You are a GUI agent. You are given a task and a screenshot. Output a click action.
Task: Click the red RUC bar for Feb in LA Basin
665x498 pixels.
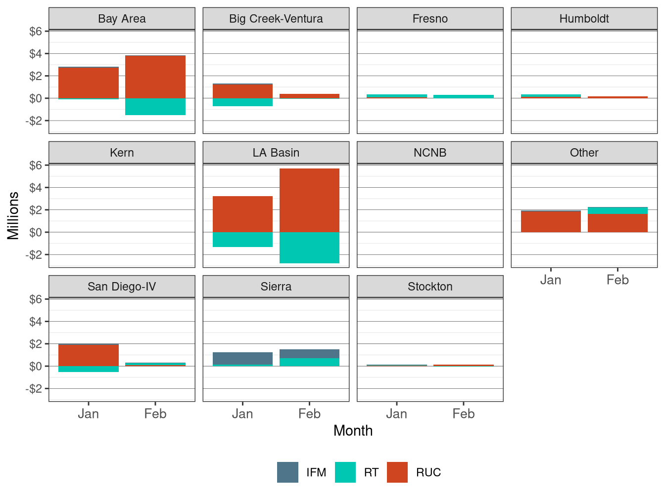pos(309,200)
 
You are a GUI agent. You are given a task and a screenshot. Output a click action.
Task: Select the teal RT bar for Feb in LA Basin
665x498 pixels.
pos(309,248)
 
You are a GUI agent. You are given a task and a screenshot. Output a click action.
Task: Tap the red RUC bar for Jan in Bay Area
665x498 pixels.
pos(89,83)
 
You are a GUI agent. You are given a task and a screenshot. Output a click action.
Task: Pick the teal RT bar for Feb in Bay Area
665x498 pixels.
pos(155,107)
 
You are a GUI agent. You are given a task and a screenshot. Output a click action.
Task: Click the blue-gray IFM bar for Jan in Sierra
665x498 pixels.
pos(242,358)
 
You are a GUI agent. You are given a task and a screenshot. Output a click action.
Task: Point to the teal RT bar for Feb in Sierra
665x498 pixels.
pos(309,362)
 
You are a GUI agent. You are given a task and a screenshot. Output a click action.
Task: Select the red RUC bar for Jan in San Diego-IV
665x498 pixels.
pos(89,355)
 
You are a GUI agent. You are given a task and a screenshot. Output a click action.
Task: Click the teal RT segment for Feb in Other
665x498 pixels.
pos(617,210)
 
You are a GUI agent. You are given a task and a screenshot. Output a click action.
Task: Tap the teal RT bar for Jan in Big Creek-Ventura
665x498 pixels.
pos(242,102)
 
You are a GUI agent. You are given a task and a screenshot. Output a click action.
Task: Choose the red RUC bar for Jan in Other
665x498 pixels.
pos(551,221)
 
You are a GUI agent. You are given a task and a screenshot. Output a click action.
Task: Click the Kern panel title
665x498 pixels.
pos(122,153)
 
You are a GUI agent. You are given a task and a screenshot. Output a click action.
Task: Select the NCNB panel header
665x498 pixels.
pos(430,153)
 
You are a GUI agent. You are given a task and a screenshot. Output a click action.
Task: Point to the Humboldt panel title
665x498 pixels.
pos(584,19)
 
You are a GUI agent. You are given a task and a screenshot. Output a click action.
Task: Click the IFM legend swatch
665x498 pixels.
pos(287,472)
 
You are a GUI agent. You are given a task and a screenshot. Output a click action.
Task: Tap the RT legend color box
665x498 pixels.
pos(345,472)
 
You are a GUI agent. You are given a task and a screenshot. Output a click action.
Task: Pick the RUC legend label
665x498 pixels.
pos(428,472)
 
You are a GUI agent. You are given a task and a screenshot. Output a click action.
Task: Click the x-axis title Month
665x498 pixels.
pos(353,430)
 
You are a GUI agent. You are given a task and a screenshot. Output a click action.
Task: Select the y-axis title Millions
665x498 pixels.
pos(13,215)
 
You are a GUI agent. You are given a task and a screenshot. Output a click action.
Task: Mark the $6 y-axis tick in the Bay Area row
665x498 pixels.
pos(35,31)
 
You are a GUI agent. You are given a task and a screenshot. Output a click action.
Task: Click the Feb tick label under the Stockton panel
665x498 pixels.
pos(463,414)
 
